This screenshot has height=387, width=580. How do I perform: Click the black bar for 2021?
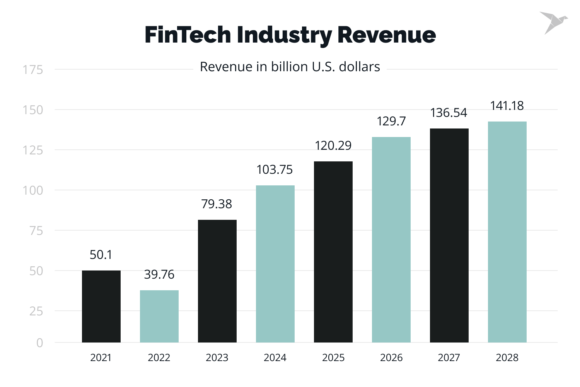(x=101, y=306)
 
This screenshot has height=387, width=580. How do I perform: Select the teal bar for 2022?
(x=159, y=316)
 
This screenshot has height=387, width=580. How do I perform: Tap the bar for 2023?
(x=217, y=281)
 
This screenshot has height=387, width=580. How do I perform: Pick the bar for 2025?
(x=333, y=252)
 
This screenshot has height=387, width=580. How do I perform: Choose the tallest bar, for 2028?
(x=507, y=232)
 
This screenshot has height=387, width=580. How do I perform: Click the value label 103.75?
(x=275, y=170)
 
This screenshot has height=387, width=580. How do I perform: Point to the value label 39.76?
(x=159, y=274)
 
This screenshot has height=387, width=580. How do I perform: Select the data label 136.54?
(x=449, y=113)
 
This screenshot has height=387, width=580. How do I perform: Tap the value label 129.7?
(x=391, y=121)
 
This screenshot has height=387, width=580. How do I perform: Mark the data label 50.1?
(x=101, y=255)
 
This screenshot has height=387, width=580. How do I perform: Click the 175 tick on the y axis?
(x=32, y=70)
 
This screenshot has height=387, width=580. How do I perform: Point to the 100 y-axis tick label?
(x=32, y=190)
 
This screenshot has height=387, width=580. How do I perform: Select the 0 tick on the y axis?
(x=39, y=343)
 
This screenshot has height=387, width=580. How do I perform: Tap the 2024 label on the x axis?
(x=275, y=358)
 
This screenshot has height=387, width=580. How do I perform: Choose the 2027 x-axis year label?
(x=449, y=358)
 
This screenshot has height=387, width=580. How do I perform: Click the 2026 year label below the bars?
(x=391, y=358)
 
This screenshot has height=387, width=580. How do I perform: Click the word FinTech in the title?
(x=188, y=35)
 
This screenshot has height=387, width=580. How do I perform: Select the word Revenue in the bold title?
(x=386, y=35)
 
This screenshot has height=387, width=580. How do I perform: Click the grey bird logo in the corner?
(x=553, y=22)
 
